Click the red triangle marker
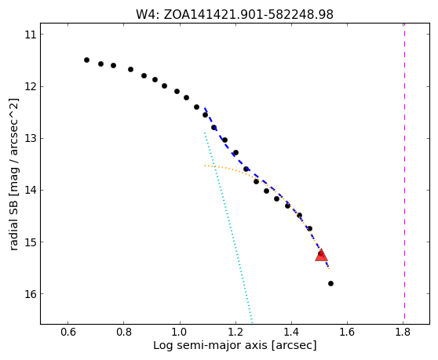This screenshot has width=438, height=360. tap(321, 256)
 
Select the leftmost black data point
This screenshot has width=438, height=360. tap(86, 60)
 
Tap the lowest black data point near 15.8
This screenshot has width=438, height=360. tap(330, 284)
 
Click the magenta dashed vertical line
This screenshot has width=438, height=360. tap(404, 173)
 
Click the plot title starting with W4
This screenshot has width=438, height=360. tap(235, 15)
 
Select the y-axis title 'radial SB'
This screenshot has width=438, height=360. tap(14, 174)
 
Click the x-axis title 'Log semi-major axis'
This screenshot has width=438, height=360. tap(235, 345)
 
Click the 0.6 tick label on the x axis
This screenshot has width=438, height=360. tap(68, 332)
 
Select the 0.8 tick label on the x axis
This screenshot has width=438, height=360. tap(124, 332)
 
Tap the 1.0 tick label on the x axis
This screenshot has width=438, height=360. tap(180, 332)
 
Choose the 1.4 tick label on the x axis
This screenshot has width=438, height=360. tap(291, 332)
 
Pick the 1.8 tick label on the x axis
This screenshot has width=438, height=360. tap(403, 332)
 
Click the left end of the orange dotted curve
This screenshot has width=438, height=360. tap(205, 165)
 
